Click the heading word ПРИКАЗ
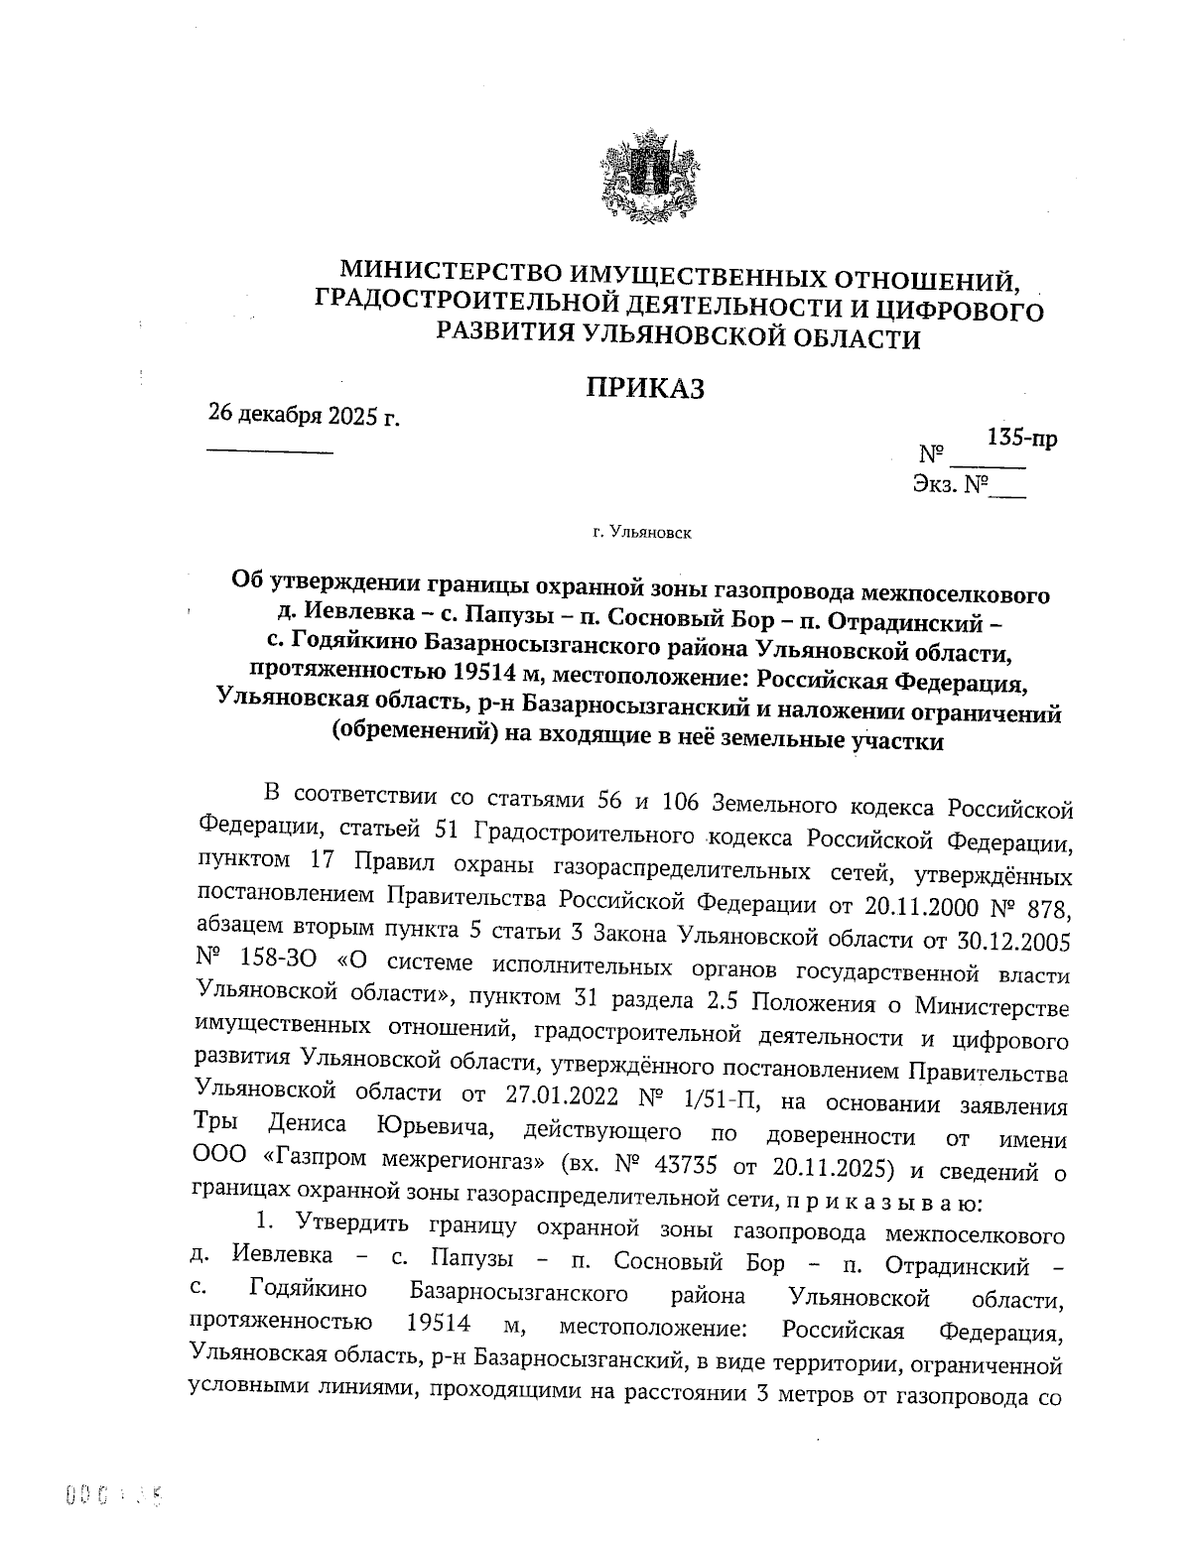tap(644, 388)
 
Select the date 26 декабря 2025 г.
tap(304, 415)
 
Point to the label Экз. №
tap(951, 485)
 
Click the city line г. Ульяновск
tap(642, 534)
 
